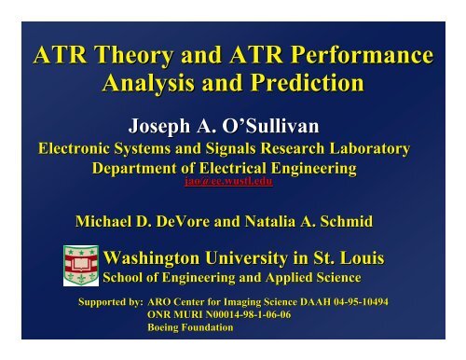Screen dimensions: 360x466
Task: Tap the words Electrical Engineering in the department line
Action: point(287,169)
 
